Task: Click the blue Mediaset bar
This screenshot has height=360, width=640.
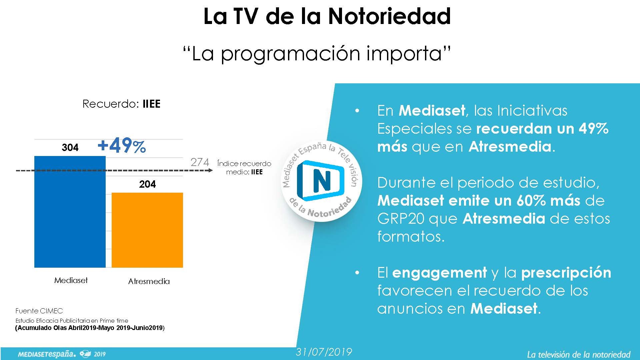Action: [x=70, y=212]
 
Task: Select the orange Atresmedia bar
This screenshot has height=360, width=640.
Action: [x=147, y=230]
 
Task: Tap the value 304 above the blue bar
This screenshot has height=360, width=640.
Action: [x=70, y=147]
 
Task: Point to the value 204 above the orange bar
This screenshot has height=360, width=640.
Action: [x=147, y=184]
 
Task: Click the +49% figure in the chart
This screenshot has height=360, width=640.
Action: [x=122, y=146]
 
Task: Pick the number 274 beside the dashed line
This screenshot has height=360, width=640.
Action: [x=200, y=162]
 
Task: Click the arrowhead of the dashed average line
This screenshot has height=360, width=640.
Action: [x=210, y=171]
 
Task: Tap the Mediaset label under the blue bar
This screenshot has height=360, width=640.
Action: [x=71, y=280]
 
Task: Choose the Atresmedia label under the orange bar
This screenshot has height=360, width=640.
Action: [x=149, y=281]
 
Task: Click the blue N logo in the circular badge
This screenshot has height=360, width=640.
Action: [x=320, y=181]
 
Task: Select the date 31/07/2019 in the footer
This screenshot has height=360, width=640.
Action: [x=324, y=352]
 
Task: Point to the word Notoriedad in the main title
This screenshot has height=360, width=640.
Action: [x=389, y=16]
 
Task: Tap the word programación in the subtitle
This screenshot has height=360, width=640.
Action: [x=291, y=54]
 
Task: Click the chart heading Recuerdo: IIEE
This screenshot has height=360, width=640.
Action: [x=122, y=104]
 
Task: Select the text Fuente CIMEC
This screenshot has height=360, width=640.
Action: [x=39, y=311]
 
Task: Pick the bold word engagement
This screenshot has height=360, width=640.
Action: [x=440, y=273]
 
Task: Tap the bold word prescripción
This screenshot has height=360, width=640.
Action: [x=566, y=273]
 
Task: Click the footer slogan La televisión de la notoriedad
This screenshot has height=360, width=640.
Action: [x=579, y=354]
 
